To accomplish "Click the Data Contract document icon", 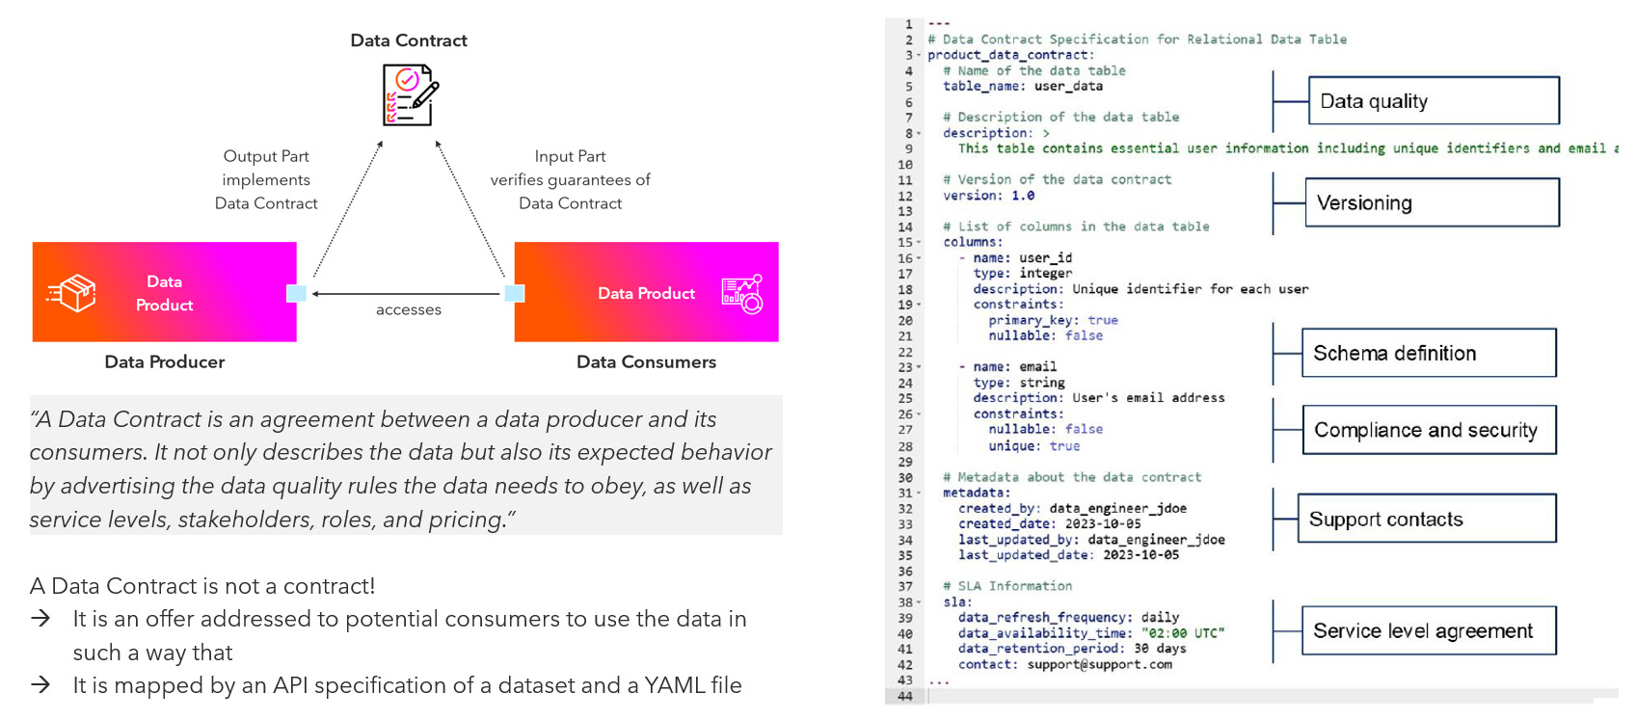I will point(410,94).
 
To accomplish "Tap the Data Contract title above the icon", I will point(409,40).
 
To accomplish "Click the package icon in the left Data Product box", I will point(73,293).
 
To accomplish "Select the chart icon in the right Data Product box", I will point(742,294).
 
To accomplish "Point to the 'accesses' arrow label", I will point(409,309).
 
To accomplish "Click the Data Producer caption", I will point(165,362).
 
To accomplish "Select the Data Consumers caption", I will point(646,362).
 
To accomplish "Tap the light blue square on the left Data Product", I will point(297,293).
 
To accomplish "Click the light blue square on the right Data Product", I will point(515,293).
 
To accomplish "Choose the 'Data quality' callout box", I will point(1433,101).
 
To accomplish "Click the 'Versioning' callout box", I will point(1432,202).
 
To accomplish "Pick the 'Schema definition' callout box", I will point(1429,353).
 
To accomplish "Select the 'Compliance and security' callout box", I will point(1429,430).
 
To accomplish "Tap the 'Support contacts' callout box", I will point(1427,520).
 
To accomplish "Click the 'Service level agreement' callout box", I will point(1428,631).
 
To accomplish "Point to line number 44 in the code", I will point(904,696).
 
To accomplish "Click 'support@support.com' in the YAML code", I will point(1099,665).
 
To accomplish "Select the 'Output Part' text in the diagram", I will point(266,156).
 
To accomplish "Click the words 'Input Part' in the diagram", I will point(570,156).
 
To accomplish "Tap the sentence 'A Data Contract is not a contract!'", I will point(202,586).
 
